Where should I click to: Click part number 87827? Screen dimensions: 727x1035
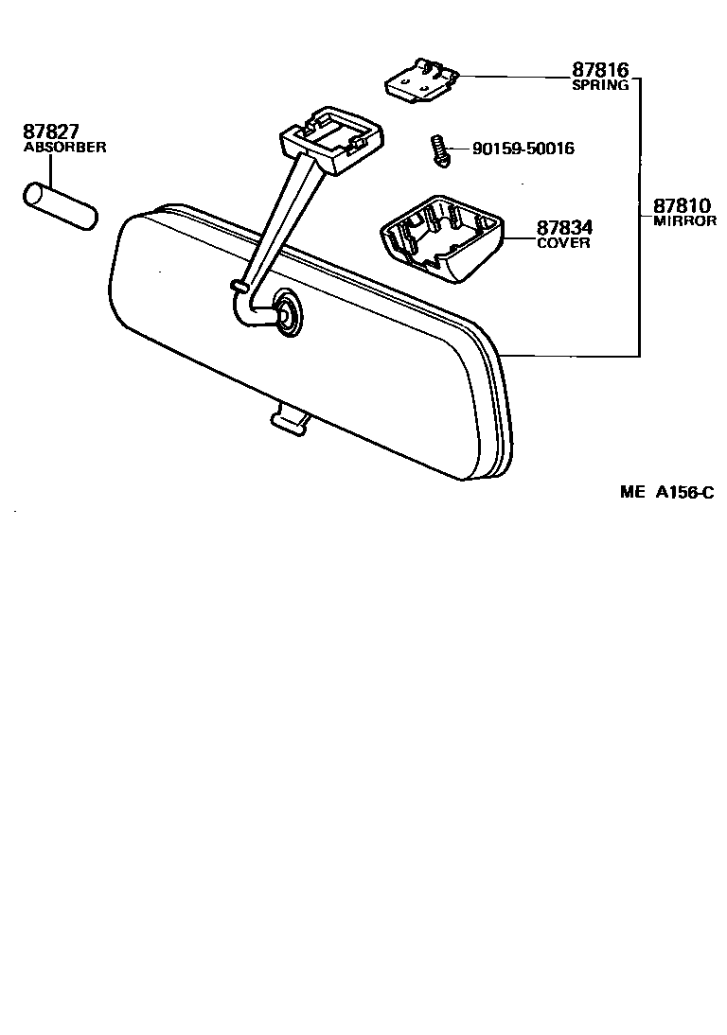coord(51,132)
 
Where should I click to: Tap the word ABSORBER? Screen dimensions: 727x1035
coord(64,148)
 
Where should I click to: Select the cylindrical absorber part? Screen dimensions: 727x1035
coord(60,206)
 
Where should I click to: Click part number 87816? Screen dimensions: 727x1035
coord(599,70)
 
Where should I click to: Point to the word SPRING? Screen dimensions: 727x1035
coord(600,85)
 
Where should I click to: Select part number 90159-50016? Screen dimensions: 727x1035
coord(523,149)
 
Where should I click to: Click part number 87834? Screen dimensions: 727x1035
coord(565,228)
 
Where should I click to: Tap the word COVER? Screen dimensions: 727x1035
coord(563,243)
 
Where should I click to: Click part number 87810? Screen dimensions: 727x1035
coord(681,205)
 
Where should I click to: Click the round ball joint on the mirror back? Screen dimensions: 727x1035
coord(284,311)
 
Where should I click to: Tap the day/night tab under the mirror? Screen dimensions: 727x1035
coord(290,421)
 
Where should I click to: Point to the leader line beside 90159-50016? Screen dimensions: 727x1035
coord(459,149)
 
